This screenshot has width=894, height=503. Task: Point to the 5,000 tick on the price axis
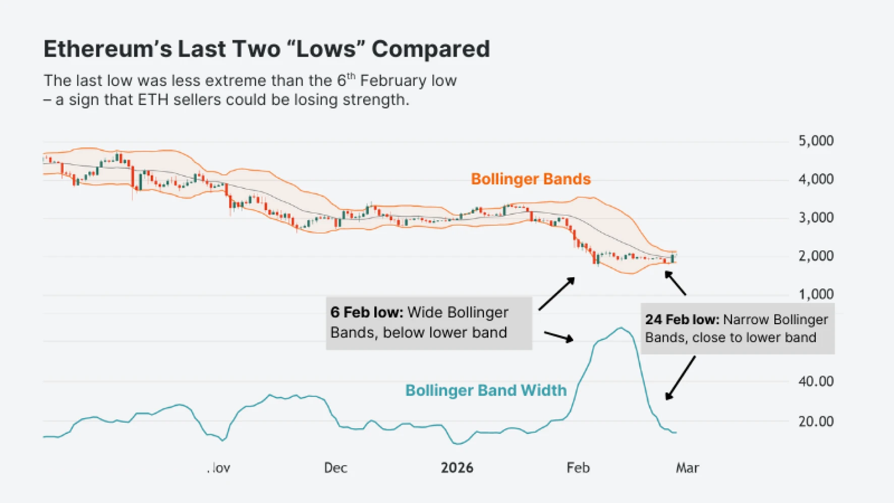pyautogui.click(x=815, y=141)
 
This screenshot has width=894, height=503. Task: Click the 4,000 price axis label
pyautogui.click(x=815, y=179)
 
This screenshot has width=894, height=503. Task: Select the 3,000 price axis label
pyautogui.click(x=815, y=218)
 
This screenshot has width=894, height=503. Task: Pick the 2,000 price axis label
pyautogui.click(x=815, y=256)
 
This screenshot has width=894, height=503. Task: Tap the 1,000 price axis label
pyautogui.click(x=815, y=294)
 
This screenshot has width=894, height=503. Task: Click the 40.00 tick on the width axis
pyautogui.click(x=815, y=381)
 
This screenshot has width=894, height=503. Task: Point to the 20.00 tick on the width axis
pyautogui.click(x=815, y=421)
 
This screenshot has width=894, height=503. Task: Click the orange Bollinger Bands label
pyautogui.click(x=530, y=179)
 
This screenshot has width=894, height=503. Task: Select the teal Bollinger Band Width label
pyautogui.click(x=486, y=390)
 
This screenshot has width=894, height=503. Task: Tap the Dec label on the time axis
pyautogui.click(x=336, y=468)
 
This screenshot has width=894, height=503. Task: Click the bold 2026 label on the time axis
pyautogui.click(x=457, y=468)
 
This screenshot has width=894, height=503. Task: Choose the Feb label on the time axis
pyautogui.click(x=578, y=468)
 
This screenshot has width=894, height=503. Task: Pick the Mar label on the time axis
pyautogui.click(x=687, y=468)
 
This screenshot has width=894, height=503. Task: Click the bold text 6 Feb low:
pyautogui.click(x=367, y=313)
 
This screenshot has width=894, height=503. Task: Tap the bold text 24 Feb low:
pyautogui.click(x=682, y=320)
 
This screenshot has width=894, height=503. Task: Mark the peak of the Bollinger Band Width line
pyautogui.click(x=621, y=328)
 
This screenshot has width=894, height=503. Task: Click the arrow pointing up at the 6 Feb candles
pyautogui.click(x=557, y=294)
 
